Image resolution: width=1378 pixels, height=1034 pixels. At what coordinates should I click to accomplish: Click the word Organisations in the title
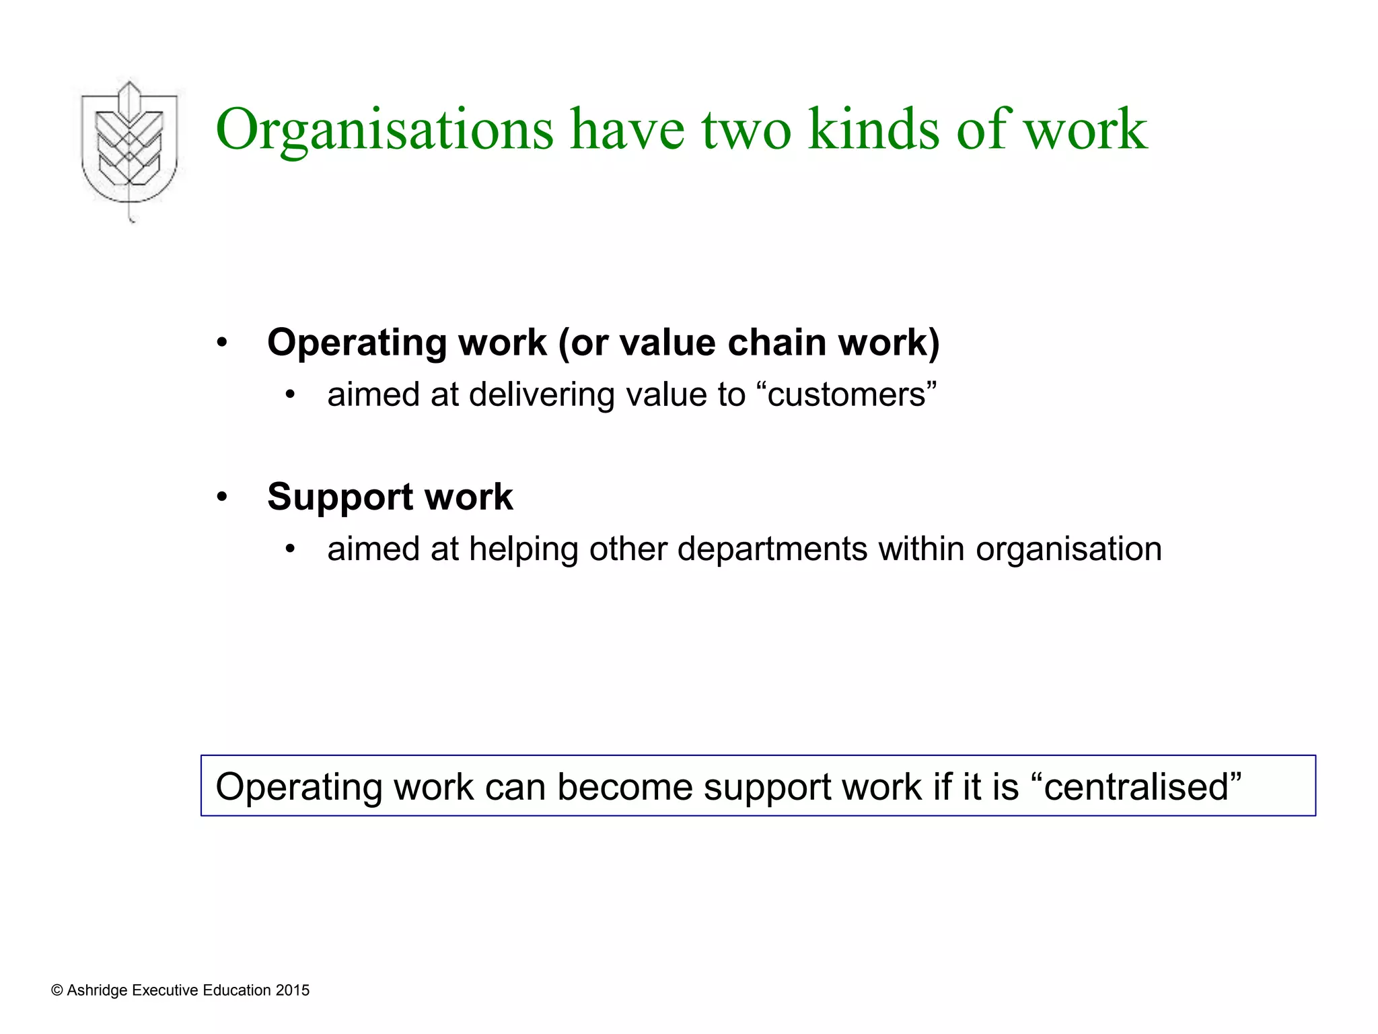[x=384, y=129]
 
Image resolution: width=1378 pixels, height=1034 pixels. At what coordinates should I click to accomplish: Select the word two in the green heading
[x=746, y=129]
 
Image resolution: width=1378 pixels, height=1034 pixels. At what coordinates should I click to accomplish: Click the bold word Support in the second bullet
[x=340, y=497]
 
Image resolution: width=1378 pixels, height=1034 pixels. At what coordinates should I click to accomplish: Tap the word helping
[x=523, y=549]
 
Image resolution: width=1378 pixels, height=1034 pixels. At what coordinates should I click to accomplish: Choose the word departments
[x=772, y=549]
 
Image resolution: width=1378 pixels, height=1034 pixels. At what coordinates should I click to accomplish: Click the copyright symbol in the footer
[x=57, y=990]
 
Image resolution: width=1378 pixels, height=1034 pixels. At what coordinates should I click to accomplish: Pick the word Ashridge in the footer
[x=97, y=990]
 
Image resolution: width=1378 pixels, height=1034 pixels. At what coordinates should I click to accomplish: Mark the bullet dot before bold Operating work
[x=223, y=343]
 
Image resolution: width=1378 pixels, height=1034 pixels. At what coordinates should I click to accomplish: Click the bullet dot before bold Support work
[x=223, y=498]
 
